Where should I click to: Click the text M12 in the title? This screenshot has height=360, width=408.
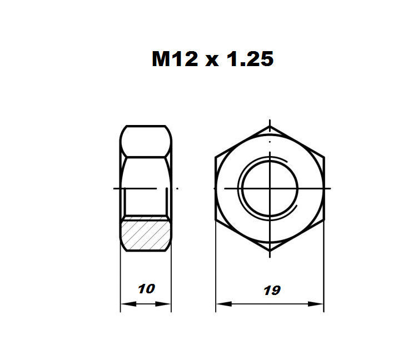175,58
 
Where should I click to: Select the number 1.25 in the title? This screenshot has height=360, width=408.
248,58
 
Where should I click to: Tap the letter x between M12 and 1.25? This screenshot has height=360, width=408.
211,60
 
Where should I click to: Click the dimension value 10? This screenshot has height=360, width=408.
146,288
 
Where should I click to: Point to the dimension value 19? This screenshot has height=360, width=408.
272,289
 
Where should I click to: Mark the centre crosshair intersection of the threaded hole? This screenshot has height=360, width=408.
270,188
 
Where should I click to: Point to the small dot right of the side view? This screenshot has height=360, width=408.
177,189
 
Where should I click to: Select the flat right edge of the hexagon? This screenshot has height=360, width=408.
323,189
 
